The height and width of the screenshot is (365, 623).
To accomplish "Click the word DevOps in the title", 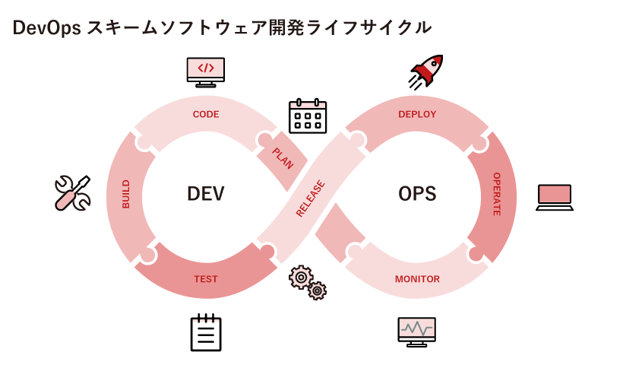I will coord(46,28).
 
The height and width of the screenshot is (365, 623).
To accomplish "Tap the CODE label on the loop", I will coord(206,115).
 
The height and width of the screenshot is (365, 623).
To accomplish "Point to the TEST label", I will coord(206,279).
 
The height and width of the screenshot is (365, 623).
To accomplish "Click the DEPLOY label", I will coord(417,115).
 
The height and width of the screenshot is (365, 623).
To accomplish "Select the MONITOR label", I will coord(417,279).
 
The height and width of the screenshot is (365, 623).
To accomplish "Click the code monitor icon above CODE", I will coord(206,71).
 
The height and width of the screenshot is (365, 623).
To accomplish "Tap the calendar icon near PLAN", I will coord(307,116).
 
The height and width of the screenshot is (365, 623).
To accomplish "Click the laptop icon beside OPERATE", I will coord(554,197).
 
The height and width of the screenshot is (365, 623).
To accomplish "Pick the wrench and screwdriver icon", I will coord(73,193).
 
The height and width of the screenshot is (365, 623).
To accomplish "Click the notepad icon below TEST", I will coord(206,332).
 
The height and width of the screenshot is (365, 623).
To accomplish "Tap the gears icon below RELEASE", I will coord(308,282).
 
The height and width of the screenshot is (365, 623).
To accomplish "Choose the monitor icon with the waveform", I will coord(417,332).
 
